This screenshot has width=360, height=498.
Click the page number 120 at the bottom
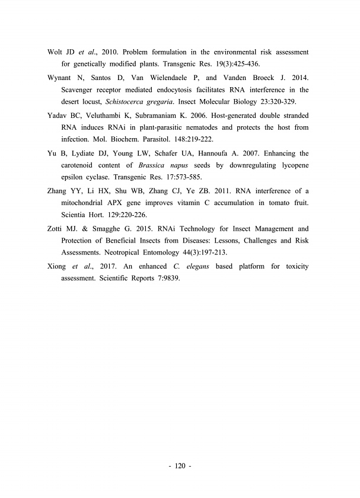click(x=180, y=466)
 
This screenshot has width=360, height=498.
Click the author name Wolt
click(x=56, y=52)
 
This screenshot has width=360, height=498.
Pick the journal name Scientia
click(x=76, y=214)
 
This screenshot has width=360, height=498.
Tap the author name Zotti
click(x=56, y=228)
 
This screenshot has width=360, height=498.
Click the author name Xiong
click(x=58, y=266)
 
